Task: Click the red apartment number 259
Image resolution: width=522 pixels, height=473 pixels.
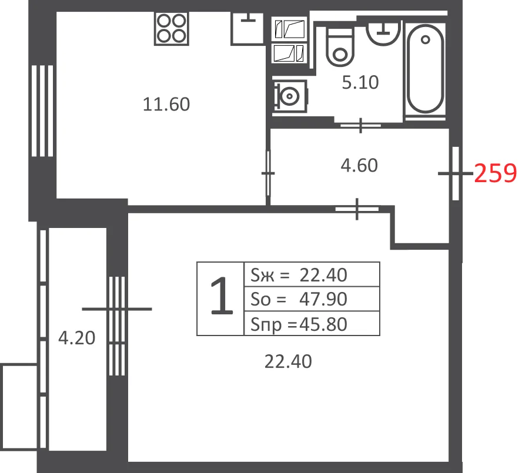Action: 496,173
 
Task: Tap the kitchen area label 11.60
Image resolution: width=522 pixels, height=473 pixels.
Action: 166,104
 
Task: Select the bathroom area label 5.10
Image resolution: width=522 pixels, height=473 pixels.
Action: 360,82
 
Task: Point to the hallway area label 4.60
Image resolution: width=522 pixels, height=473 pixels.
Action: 359,165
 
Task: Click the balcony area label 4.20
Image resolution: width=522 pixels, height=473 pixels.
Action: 77,338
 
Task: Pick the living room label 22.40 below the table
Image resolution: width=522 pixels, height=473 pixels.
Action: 288,361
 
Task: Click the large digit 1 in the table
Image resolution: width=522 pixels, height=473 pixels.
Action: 222,297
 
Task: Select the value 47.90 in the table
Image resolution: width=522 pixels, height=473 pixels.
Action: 323,299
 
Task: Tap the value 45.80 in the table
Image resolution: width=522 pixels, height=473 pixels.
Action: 323,324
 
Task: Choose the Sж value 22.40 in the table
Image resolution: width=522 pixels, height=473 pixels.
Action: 323,275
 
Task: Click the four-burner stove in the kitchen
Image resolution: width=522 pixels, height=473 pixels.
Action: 172,28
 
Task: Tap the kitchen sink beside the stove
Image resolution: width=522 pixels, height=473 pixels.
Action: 247,28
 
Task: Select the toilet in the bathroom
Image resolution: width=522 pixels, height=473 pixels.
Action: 340,47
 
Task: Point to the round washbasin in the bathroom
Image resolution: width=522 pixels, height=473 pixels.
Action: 383,33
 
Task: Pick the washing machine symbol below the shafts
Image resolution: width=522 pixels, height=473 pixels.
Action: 289,96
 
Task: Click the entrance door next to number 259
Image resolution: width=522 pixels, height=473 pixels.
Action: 456,173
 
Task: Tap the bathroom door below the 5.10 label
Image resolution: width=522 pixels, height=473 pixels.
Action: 360,126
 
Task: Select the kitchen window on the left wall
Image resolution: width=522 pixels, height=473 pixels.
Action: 42,111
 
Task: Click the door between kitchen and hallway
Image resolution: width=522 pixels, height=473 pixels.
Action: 268,173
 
